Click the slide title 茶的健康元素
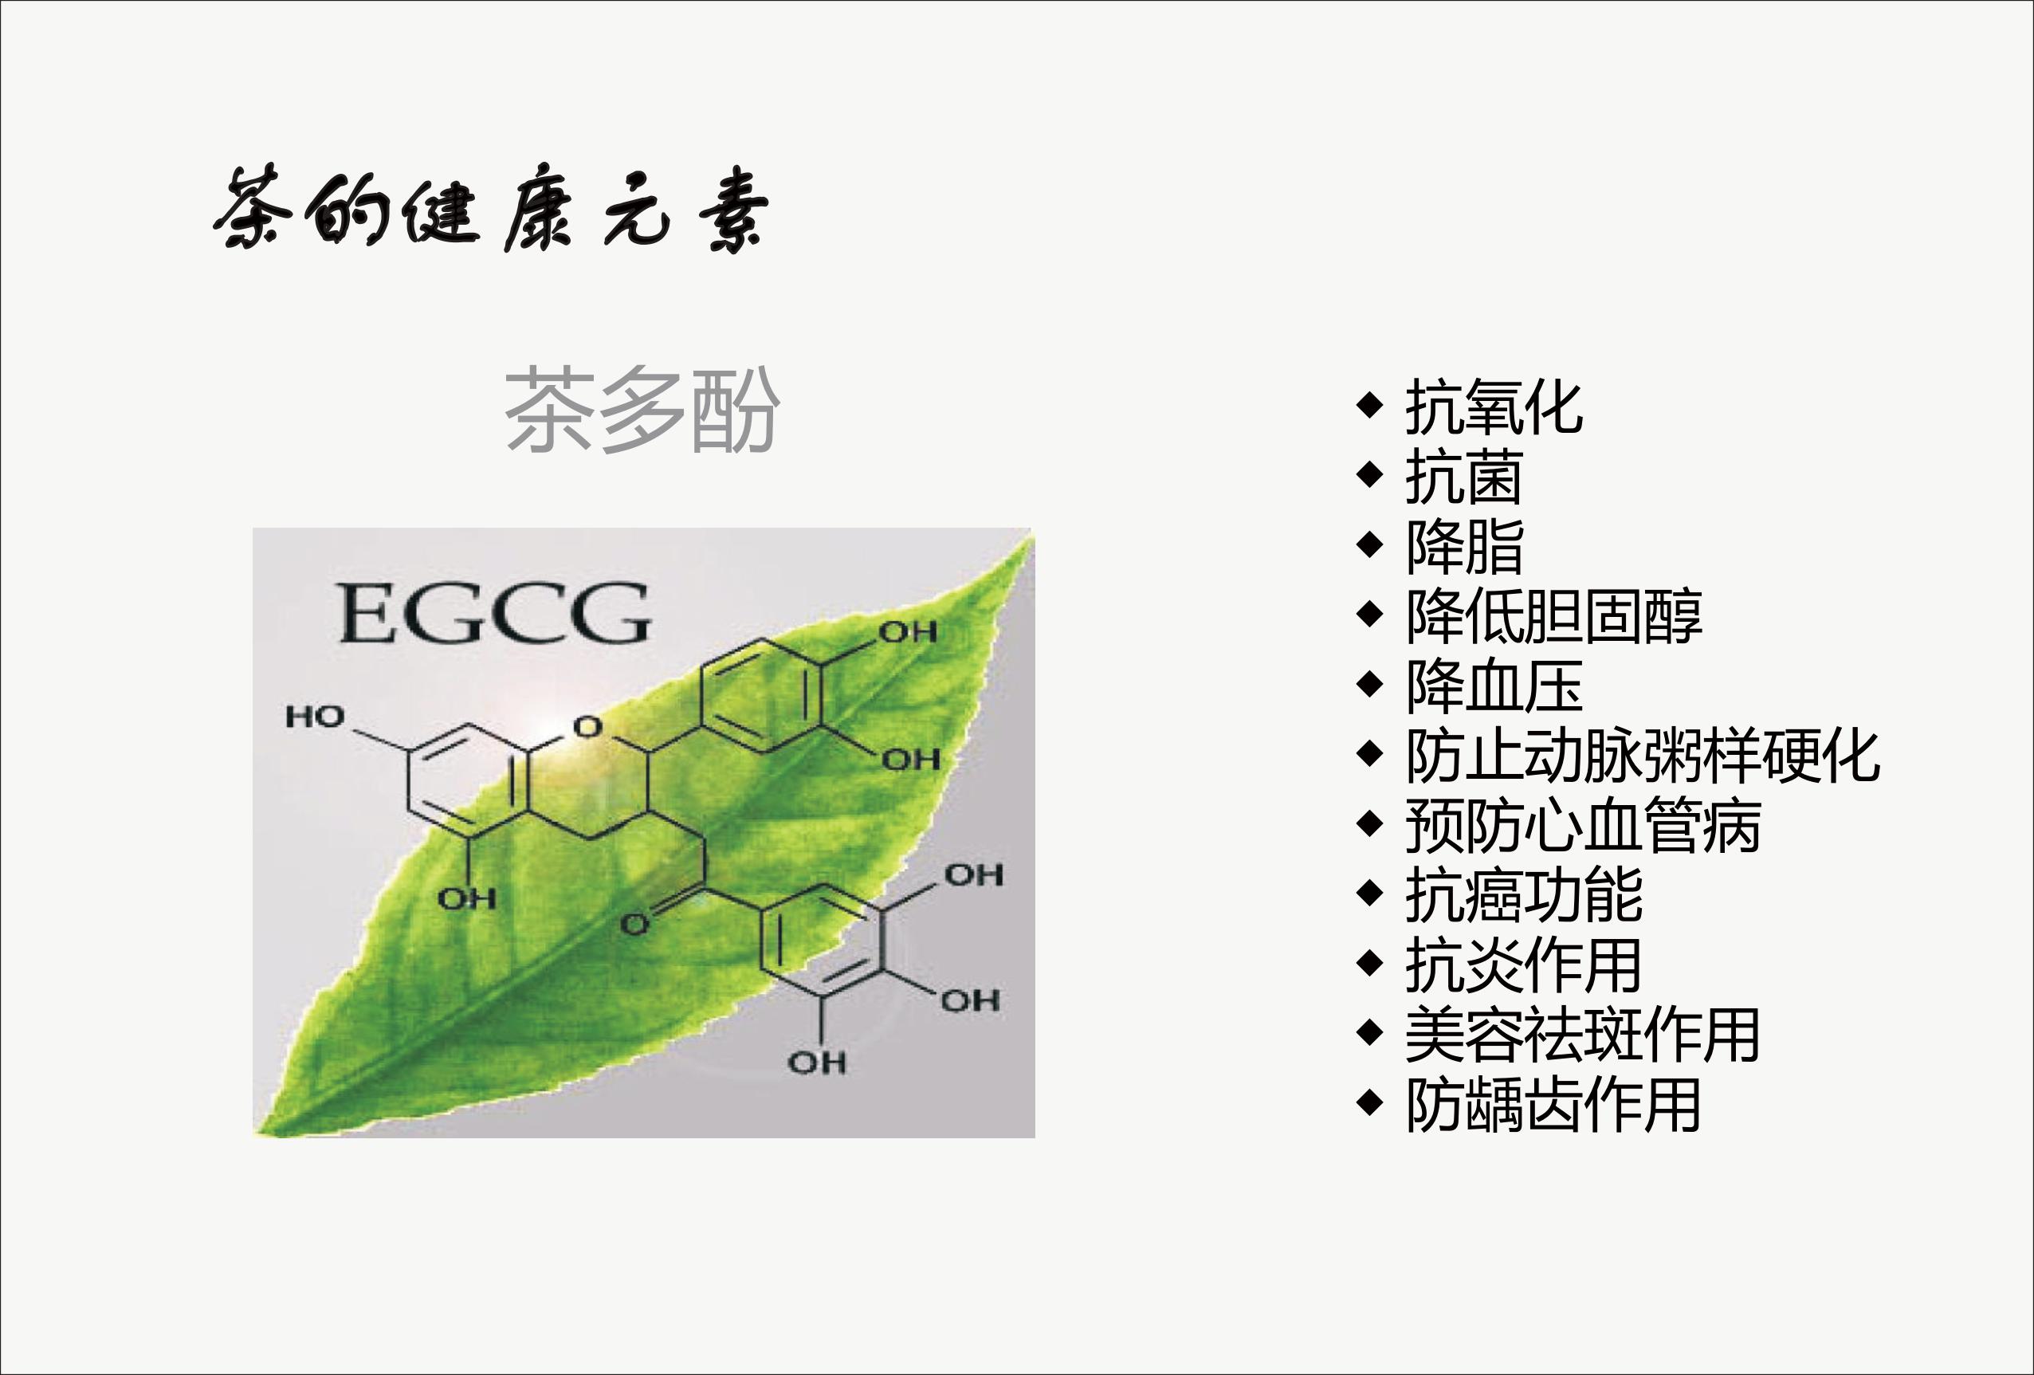[x=491, y=210]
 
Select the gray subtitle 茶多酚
[x=642, y=410]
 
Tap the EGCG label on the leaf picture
[x=494, y=613]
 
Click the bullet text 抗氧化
[x=1494, y=407]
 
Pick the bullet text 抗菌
[x=1464, y=477]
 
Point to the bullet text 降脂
[x=1464, y=546]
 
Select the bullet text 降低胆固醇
[x=1553, y=616]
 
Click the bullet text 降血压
[x=1494, y=686]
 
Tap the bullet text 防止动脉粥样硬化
[x=1643, y=756]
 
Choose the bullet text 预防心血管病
[x=1583, y=825]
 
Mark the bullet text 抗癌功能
[x=1524, y=894]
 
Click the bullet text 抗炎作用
[x=1524, y=964]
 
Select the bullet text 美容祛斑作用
[x=1583, y=1035]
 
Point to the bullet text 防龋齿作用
[x=1553, y=1105]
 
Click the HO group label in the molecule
[x=315, y=717]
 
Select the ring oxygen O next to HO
[x=587, y=726]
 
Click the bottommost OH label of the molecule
[x=817, y=1063]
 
